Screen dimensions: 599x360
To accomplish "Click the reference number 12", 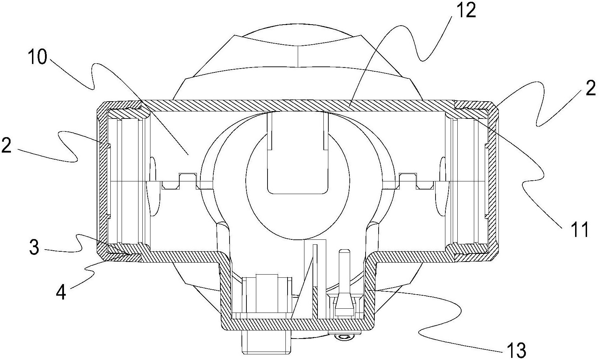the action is coord(466,11).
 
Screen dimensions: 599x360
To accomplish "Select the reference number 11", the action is coord(578,230).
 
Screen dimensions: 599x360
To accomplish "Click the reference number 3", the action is coord(34,247).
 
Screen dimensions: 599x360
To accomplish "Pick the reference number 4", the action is coord(61,293).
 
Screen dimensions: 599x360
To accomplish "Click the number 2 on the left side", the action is coord(6,145).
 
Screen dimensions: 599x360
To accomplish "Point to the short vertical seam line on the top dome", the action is coord(298,56).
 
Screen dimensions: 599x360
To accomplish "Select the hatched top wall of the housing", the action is coord(297,106).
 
